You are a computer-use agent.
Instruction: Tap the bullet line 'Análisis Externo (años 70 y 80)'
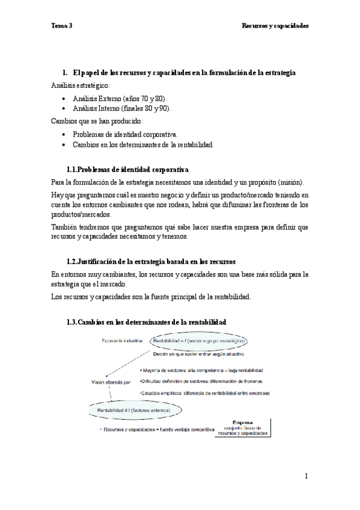(x=120, y=98)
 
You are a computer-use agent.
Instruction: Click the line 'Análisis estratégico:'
(x=81, y=85)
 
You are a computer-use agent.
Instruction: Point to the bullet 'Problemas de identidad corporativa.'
(x=125, y=134)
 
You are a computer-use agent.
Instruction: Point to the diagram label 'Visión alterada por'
(x=111, y=381)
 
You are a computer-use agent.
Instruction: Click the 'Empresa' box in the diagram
(x=243, y=428)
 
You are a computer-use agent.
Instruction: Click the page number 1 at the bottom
(x=306, y=476)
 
